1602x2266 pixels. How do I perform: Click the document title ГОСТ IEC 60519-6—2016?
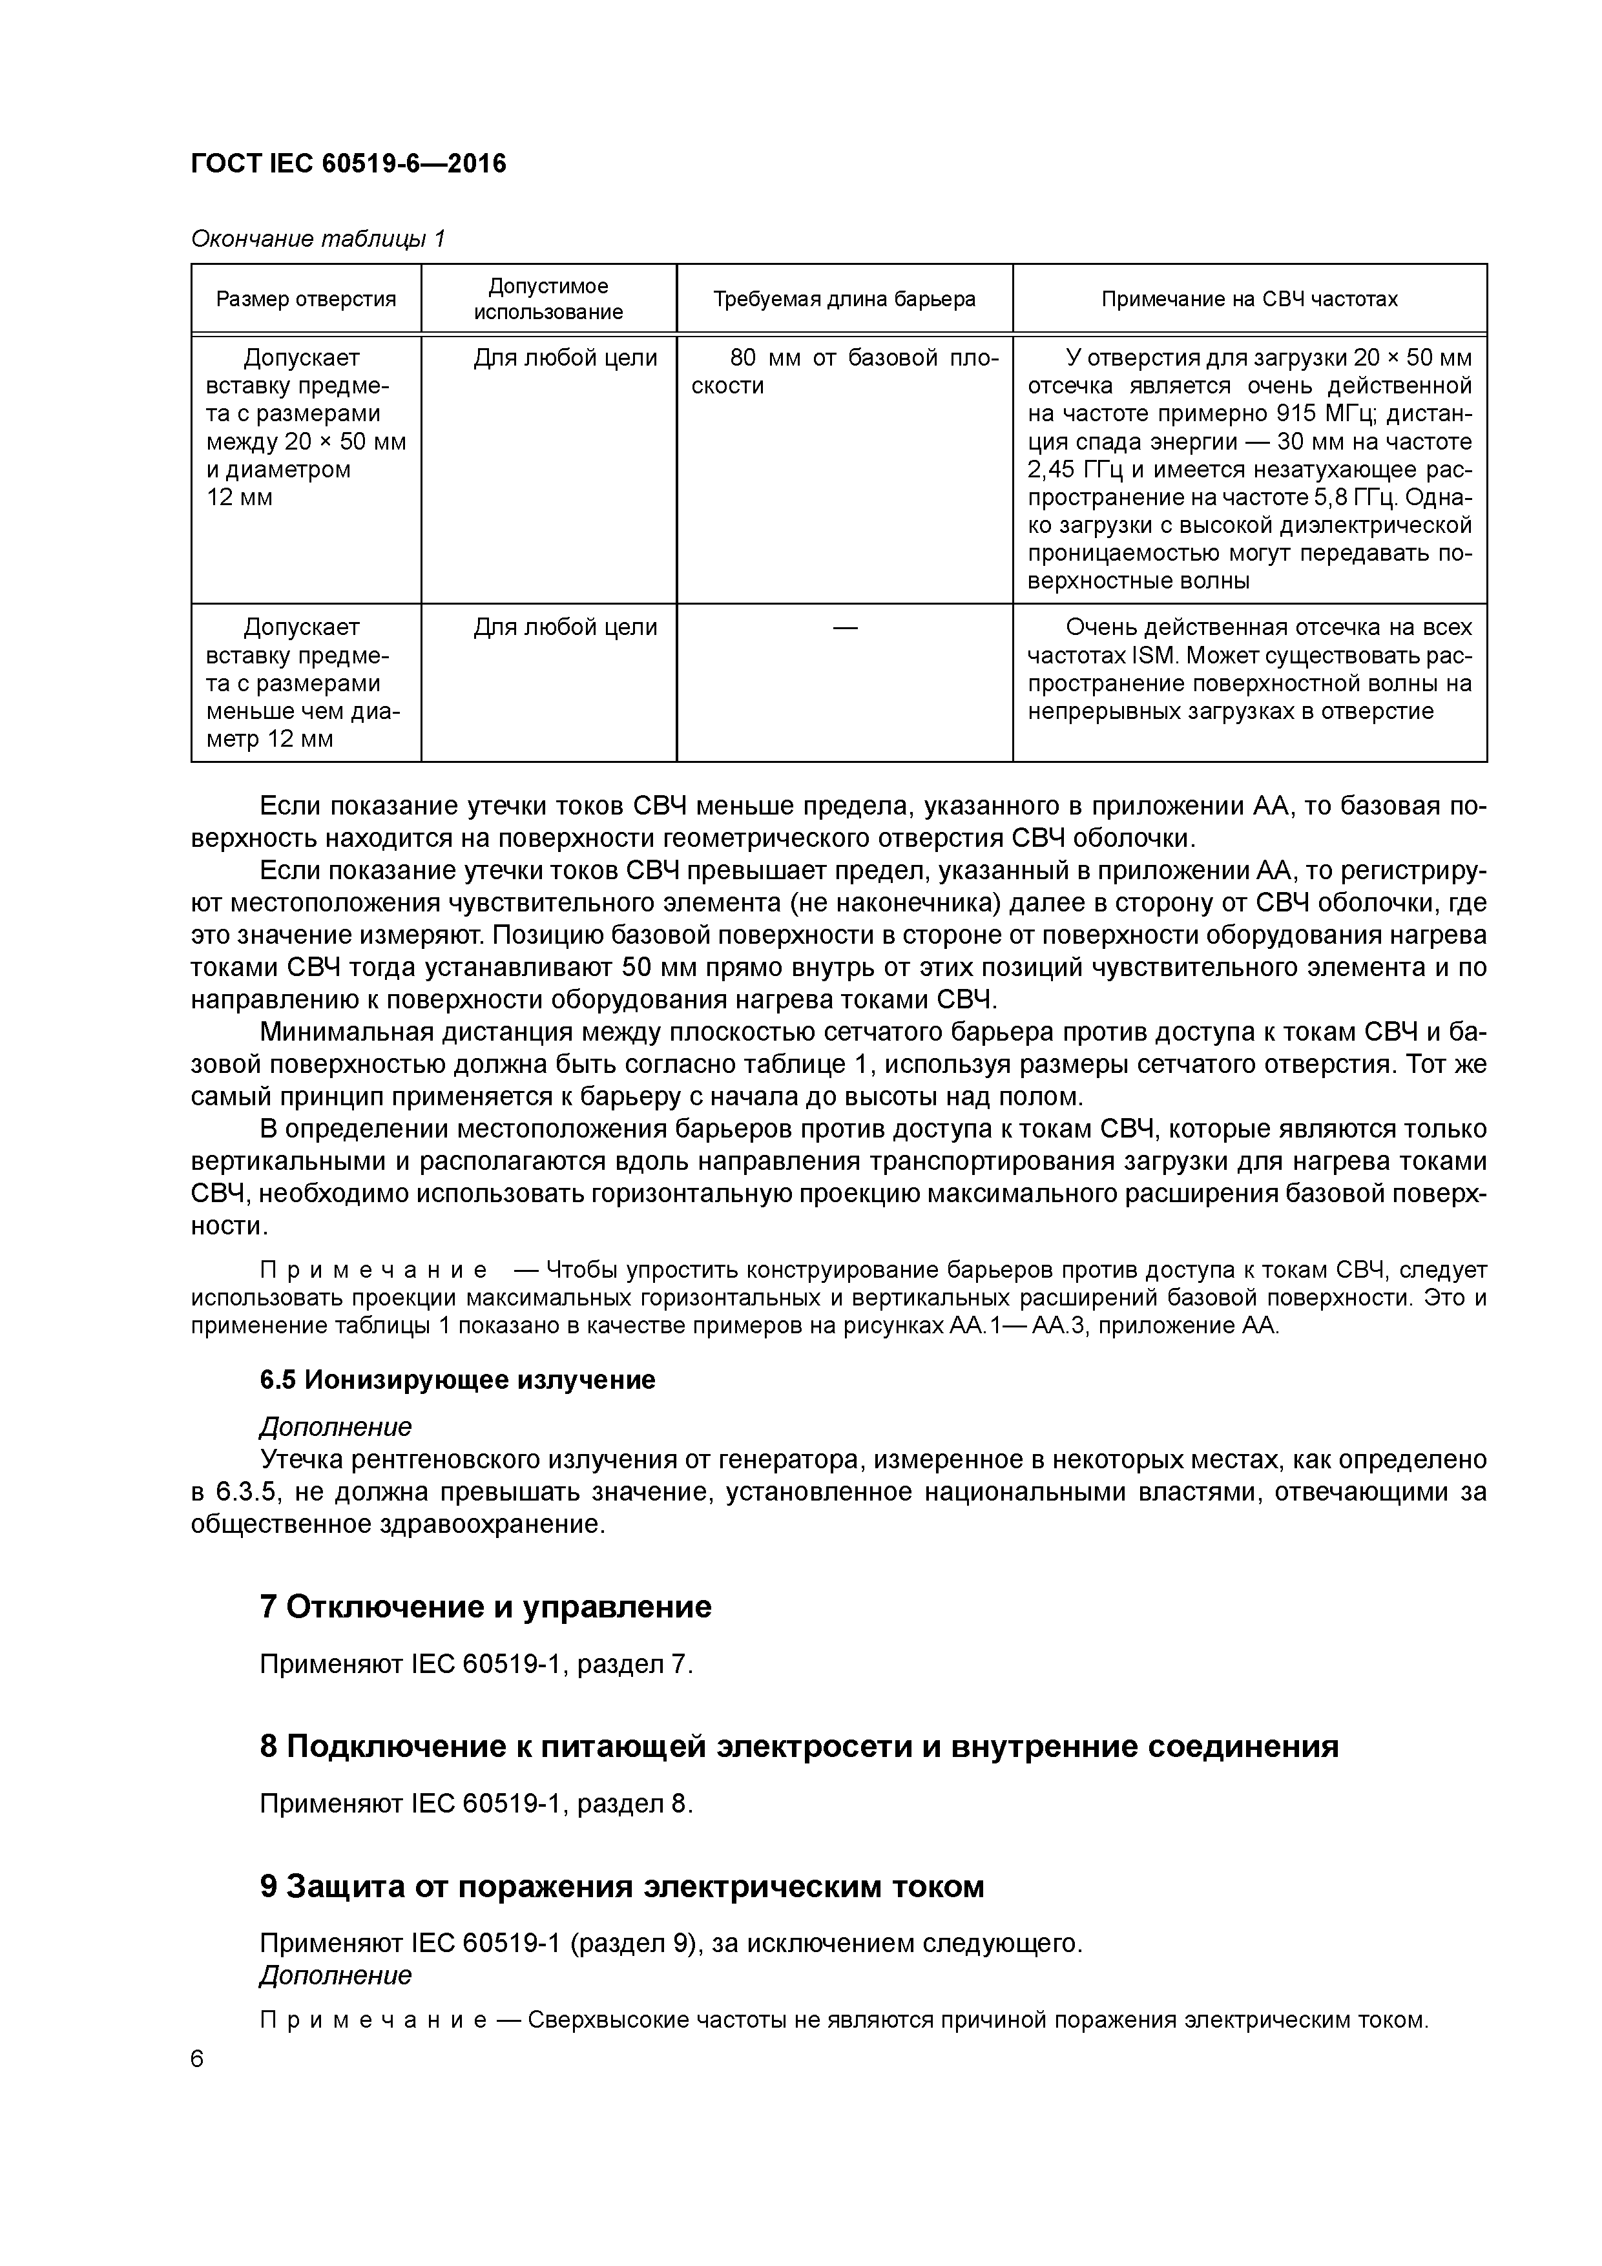coord(348,164)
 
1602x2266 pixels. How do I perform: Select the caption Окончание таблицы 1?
coord(318,239)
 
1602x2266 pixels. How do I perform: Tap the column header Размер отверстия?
coord(306,299)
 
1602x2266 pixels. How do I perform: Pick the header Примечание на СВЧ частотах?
coord(1249,299)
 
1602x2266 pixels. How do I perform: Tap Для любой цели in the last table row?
coord(565,628)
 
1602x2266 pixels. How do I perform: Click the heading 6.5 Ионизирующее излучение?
coord(457,1380)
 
